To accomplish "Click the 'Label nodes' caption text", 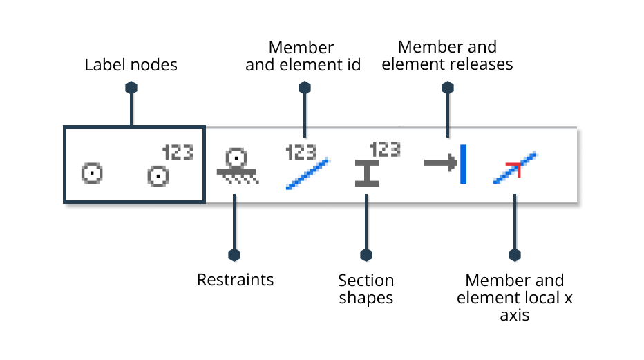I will (131, 66).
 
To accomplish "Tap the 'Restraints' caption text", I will (235, 280).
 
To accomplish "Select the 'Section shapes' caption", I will (366, 290).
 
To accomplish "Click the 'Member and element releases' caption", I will (447, 56).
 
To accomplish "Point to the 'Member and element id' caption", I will (303, 57).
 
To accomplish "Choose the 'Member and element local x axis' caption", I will (514, 298).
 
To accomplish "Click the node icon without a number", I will (91, 172).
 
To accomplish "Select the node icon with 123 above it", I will (158, 176).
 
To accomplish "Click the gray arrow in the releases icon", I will (439, 164).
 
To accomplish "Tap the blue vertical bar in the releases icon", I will (463, 164).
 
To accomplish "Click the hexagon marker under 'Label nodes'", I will (131, 88).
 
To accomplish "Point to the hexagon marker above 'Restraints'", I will (234, 255).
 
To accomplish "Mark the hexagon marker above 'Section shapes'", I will (366, 255).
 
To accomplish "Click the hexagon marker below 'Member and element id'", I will (304, 88).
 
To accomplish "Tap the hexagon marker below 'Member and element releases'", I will (448, 88).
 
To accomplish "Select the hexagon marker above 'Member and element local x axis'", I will (514, 255).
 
